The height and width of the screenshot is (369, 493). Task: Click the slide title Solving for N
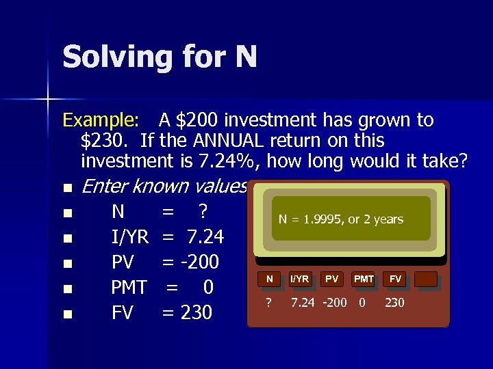click(160, 57)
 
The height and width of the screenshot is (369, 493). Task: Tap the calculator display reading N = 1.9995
click(340, 219)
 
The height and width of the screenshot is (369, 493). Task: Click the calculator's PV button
click(332, 279)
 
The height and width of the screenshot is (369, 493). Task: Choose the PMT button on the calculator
click(363, 279)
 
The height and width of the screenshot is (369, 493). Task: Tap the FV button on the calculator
click(395, 279)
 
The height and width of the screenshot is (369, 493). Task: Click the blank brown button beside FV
click(425, 279)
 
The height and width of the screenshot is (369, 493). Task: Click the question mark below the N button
click(269, 303)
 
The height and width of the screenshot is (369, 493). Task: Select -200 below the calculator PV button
click(334, 303)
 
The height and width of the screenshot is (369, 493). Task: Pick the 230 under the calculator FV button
click(394, 303)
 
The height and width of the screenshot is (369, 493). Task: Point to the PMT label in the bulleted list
click(129, 288)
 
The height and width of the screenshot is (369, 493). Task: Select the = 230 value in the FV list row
click(187, 313)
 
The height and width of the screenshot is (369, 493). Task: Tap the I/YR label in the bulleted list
click(130, 237)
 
